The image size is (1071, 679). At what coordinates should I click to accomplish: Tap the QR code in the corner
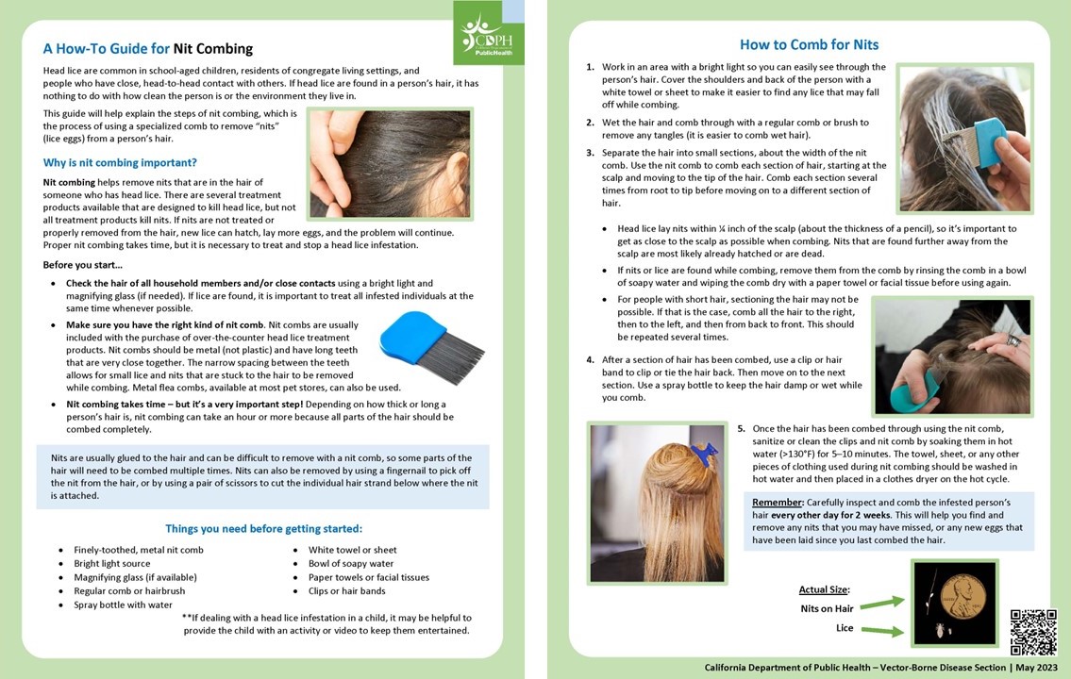click(1033, 632)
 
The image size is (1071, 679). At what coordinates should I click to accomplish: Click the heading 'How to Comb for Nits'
click(809, 44)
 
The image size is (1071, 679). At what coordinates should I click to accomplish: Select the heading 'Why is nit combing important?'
click(120, 162)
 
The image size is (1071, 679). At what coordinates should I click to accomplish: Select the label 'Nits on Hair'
click(827, 608)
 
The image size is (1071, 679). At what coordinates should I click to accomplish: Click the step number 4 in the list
click(590, 360)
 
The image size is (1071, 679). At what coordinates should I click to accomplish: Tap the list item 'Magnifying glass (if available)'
click(135, 577)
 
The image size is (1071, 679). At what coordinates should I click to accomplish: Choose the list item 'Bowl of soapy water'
click(351, 564)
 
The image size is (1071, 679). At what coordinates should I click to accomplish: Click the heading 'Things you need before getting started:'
click(263, 528)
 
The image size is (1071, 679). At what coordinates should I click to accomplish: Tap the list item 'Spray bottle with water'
click(123, 604)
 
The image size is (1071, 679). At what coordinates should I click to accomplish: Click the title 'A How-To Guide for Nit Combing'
click(148, 49)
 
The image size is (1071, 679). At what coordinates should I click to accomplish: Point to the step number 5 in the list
click(742, 428)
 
